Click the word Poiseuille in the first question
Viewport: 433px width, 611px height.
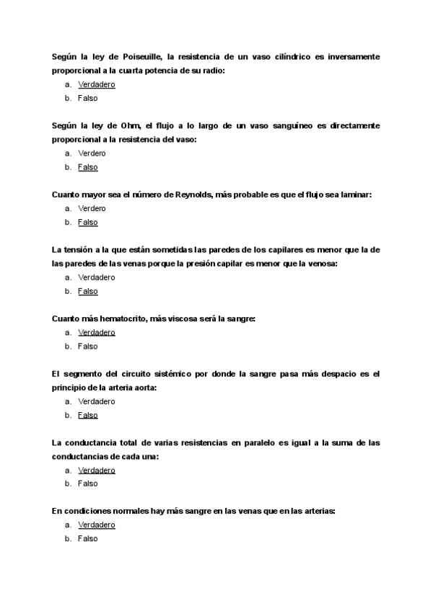tap(144, 56)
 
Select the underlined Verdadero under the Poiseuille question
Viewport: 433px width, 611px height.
tap(97, 84)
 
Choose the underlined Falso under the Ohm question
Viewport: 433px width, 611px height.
tap(87, 167)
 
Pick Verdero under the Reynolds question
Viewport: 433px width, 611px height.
tap(92, 208)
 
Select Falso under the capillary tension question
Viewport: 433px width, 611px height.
tap(87, 291)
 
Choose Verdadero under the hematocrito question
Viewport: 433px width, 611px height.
tap(97, 332)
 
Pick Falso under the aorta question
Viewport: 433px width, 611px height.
tap(87, 415)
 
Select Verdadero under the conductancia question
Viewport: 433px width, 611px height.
tap(97, 470)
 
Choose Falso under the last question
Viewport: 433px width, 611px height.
tap(87, 538)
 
